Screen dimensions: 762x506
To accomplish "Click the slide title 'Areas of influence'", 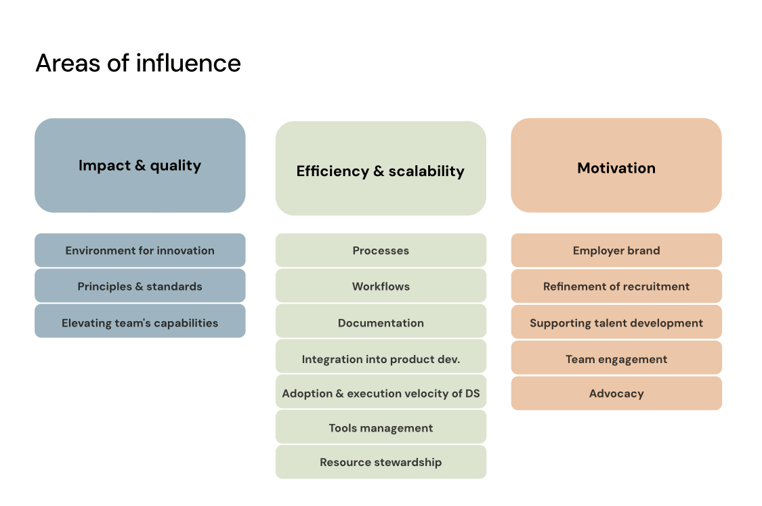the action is click(138, 63).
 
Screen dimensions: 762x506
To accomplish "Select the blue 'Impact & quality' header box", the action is click(140, 165).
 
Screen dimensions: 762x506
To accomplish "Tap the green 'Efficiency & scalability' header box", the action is click(381, 168).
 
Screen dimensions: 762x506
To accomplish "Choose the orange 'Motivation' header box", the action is click(616, 165).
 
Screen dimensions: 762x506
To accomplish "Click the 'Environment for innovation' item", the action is click(140, 251).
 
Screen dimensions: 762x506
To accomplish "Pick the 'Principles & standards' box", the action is click(140, 286).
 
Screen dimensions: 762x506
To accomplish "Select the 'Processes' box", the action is click(381, 251).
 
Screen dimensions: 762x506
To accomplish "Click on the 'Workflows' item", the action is click(381, 286).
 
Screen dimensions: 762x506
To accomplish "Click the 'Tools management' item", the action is click(381, 427).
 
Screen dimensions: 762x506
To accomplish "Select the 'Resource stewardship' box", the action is click(381, 462).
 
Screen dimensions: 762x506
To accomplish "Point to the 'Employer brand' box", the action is click(616, 251).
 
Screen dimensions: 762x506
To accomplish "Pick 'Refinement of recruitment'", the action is click(616, 286).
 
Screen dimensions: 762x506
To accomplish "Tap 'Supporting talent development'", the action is click(616, 322).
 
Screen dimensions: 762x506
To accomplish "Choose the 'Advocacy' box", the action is click(616, 394).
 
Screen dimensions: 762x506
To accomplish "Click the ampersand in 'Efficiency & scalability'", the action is click(379, 171).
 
